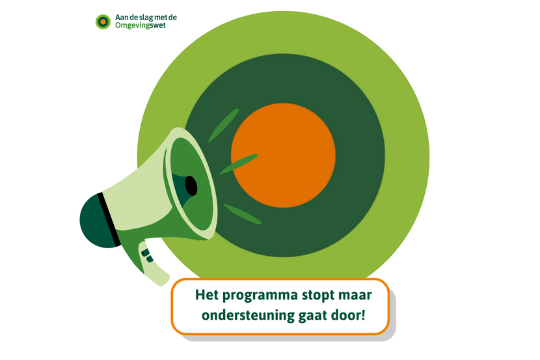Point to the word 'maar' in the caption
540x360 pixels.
(355, 296)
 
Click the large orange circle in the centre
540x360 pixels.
(283, 156)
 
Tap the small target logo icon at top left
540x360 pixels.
(103, 21)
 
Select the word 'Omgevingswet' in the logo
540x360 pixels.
(141, 26)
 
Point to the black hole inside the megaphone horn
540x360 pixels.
(191, 186)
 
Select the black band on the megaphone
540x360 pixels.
(109, 219)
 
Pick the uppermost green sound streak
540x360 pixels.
(224, 126)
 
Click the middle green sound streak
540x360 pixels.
(239, 164)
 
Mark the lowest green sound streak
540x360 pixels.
(242, 214)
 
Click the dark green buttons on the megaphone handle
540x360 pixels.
(148, 256)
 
